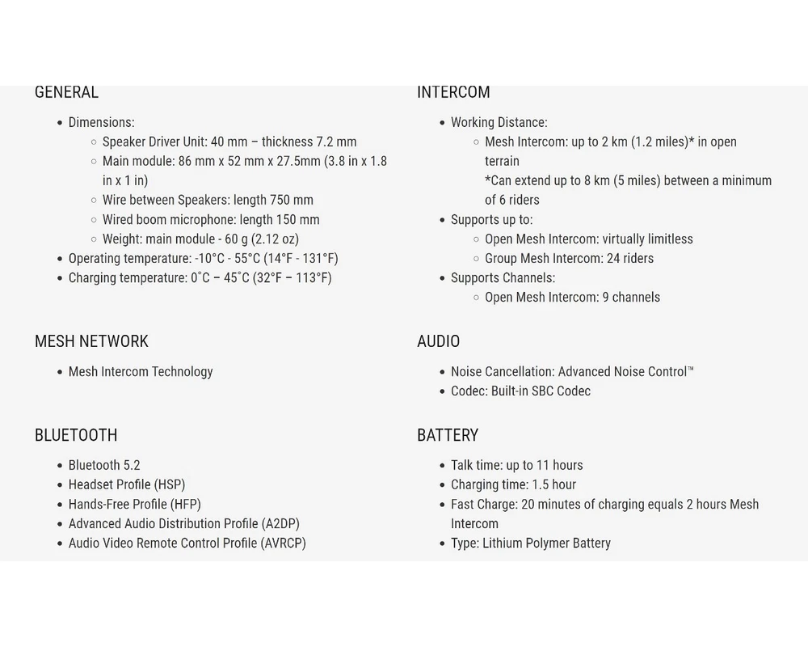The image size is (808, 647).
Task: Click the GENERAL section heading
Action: pyautogui.click(x=66, y=92)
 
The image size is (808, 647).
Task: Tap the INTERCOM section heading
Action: pyautogui.click(x=453, y=92)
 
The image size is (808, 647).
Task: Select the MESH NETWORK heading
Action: pyautogui.click(x=91, y=341)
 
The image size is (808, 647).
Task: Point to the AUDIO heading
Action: pyautogui.click(x=438, y=341)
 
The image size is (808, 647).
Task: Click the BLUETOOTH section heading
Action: pyautogui.click(x=76, y=435)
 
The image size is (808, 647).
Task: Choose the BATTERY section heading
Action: pyautogui.click(x=448, y=435)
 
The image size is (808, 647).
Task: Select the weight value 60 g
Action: pyautogui.click(x=236, y=239)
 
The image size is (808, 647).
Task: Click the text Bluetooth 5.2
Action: pyautogui.click(x=104, y=465)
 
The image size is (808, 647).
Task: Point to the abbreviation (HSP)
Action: pyautogui.click(x=170, y=484)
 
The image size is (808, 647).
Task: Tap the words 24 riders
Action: pyautogui.click(x=630, y=258)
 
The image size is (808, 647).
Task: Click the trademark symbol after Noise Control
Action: pyautogui.click(x=691, y=370)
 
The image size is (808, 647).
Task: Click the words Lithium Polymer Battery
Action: pyautogui.click(x=546, y=543)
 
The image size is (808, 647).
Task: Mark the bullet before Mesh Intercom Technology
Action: pyautogui.click(x=60, y=372)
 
